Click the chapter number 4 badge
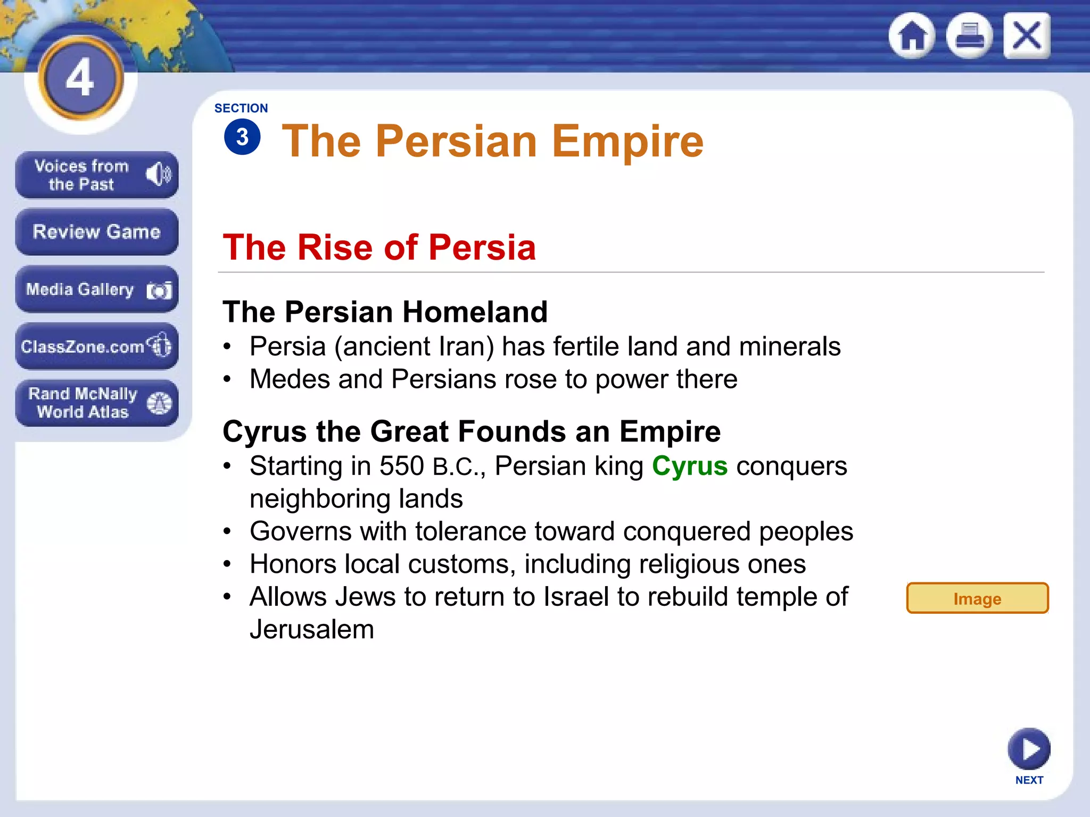[80, 78]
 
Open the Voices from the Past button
[96, 175]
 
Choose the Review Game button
[96, 232]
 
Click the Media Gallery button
[96, 289]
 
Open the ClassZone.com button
[96, 346]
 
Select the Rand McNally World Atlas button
[96, 403]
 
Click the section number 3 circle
[242, 137]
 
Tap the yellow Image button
[977, 598]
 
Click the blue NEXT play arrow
[1029, 749]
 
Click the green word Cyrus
[689, 466]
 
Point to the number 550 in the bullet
[401, 466]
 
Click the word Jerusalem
[312, 630]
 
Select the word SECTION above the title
[241, 109]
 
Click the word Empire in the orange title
[627, 141]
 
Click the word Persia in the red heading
[482, 248]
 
